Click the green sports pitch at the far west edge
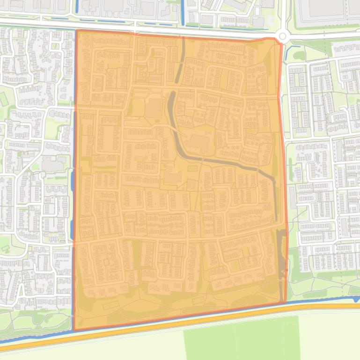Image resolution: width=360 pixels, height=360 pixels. pyautogui.click(x=4, y=99)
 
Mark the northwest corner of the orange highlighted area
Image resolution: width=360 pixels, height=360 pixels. pyautogui.click(x=77, y=31)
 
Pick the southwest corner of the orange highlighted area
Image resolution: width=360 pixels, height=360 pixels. pyautogui.click(x=74, y=330)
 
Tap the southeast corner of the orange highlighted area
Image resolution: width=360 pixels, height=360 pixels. pyautogui.click(x=285, y=302)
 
